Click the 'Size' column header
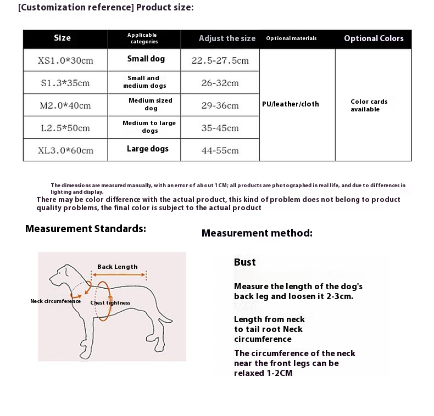pos(62,38)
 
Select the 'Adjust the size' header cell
pos(227,38)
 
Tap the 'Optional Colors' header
pos(374,38)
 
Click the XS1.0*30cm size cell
pos(65,60)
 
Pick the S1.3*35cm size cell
pos(65,83)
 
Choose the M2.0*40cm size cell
pos(65,105)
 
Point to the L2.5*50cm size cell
pos(65,128)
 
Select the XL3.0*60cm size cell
pos(65,150)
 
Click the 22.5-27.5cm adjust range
pos(220,60)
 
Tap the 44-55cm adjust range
pos(220,150)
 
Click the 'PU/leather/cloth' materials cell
pos(291,104)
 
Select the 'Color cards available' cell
pos(369,105)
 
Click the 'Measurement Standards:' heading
pos(86,229)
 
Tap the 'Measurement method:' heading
pos(257,233)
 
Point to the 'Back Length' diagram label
pos(118,267)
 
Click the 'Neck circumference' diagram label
pos(55,301)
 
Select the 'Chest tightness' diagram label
pos(110,302)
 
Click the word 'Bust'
pos(245,262)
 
